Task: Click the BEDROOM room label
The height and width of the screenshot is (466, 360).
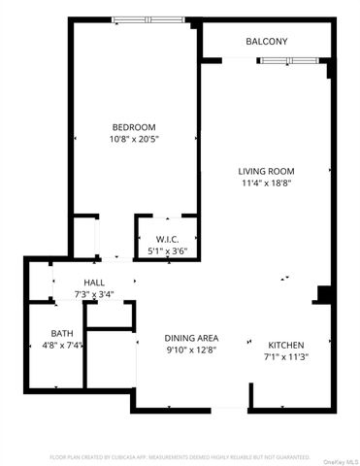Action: [x=134, y=127]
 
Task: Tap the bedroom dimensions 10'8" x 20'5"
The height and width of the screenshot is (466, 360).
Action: [x=134, y=139]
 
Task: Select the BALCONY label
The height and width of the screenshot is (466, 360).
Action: [x=266, y=41]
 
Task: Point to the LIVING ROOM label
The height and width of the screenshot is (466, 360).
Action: [x=266, y=172]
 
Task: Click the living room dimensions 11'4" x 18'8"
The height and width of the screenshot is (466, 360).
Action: [x=266, y=183]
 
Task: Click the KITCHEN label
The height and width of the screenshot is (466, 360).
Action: [x=286, y=345]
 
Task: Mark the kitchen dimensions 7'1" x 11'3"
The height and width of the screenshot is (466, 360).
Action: [x=286, y=356]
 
